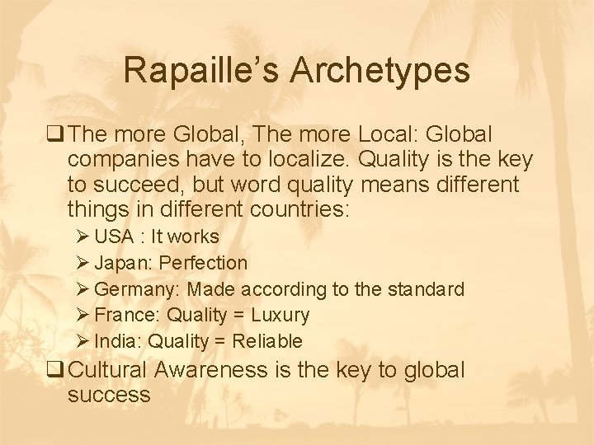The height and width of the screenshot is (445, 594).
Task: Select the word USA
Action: pyautogui.click(x=114, y=237)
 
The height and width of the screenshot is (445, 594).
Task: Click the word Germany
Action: pyautogui.click(x=138, y=290)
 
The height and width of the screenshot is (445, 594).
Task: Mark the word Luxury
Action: pyautogui.click(x=280, y=316)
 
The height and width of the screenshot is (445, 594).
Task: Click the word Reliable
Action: pyautogui.click(x=267, y=341)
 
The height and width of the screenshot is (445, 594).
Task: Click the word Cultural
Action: pyautogui.click(x=109, y=371)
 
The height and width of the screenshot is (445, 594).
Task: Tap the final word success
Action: pyautogui.click(x=109, y=395)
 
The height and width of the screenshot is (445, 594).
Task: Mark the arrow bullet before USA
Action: pyautogui.click(x=82, y=237)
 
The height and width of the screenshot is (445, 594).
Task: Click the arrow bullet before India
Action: pyautogui.click(x=82, y=341)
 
